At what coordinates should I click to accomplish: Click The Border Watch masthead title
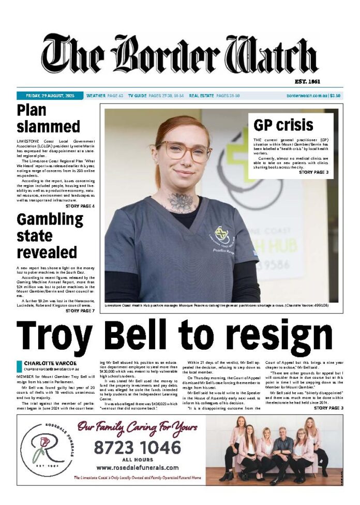tap(179, 55)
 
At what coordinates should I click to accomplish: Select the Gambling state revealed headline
tap(50, 235)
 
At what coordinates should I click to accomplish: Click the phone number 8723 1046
tap(137, 447)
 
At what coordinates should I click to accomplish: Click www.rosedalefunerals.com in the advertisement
tap(137, 467)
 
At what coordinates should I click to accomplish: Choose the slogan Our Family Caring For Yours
tap(137, 427)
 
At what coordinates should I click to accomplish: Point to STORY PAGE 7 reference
tap(80, 310)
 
